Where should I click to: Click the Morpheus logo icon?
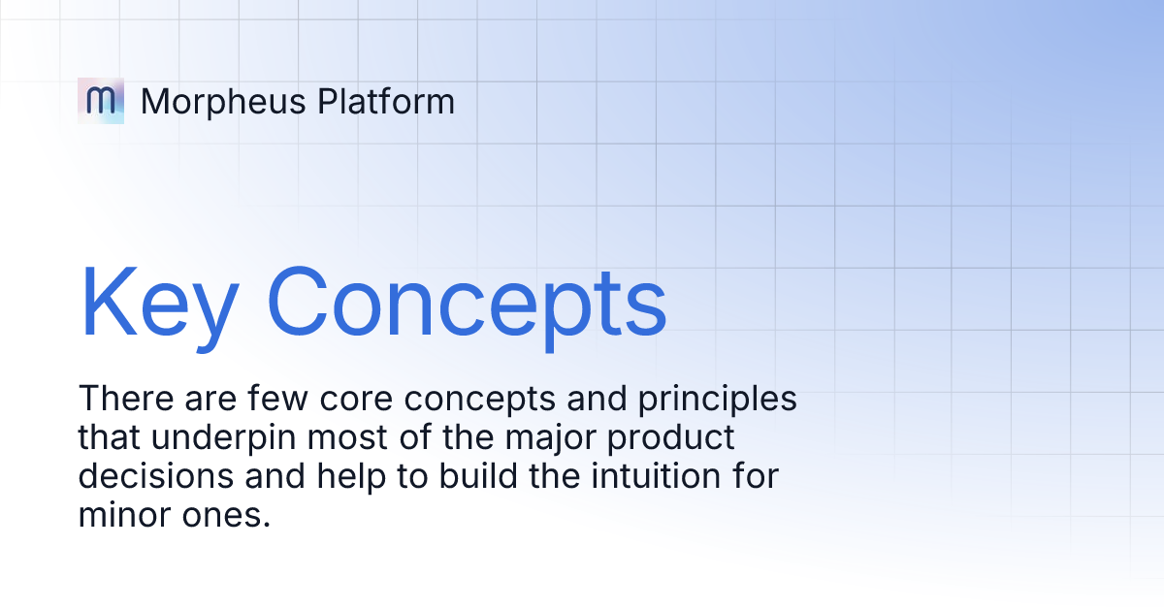(x=101, y=100)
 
